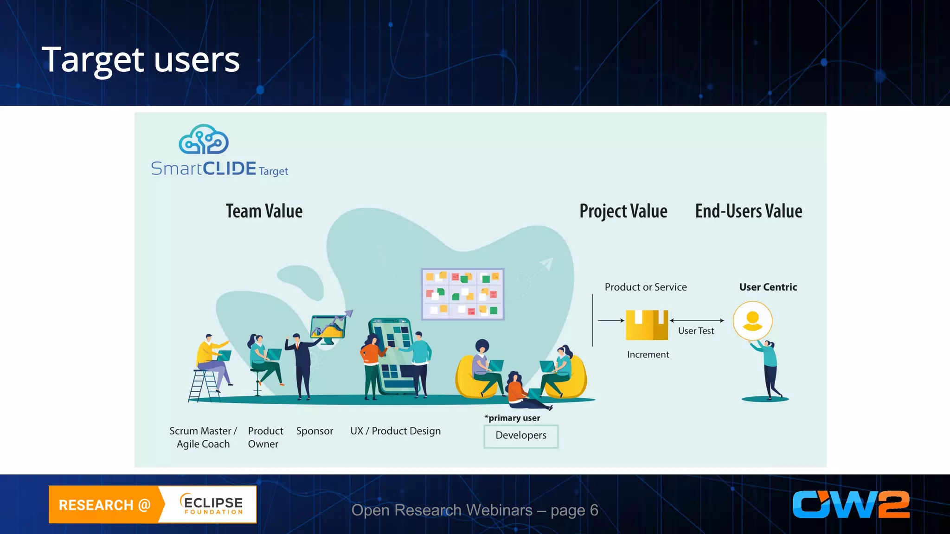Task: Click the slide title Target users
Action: (x=141, y=60)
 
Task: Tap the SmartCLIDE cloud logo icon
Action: (x=204, y=140)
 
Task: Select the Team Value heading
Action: (x=264, y=211)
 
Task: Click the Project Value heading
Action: (x=623, y=211)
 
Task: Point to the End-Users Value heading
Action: (x=748, y=211)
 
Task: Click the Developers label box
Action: (x=520, y=436)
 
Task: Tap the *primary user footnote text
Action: (x=512, y=418)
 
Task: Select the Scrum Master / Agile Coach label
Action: (x=203, y=437)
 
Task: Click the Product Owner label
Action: (x=265, y=437)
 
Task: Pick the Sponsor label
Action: (x=315, y=431)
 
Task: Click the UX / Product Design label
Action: (x=395, y=431)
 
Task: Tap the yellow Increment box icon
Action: (x=647, y=325)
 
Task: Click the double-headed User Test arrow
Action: (x=697, y=320)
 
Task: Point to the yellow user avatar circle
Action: (x=752, y=321)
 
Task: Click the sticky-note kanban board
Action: (x=462, y=294)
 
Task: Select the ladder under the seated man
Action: (x=204, y=386)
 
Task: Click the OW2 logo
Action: (x=851, y=504)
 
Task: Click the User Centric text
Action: (x=768, y=287)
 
